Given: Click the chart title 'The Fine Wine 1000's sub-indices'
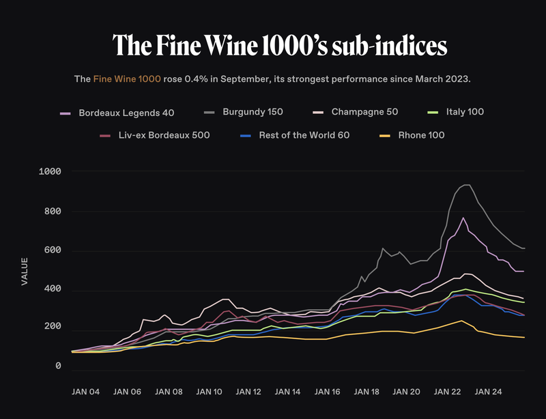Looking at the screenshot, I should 280,45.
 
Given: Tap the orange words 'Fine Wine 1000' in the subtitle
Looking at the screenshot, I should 127,79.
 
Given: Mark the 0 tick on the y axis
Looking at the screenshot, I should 58,366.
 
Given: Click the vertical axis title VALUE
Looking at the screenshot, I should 25,270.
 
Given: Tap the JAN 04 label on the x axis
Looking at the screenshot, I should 86,392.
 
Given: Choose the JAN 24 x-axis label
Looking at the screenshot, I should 488,392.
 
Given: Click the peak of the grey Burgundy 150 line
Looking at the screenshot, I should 466,185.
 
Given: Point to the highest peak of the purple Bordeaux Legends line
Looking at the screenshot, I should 463,218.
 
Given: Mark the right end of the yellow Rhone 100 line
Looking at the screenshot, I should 524,337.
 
